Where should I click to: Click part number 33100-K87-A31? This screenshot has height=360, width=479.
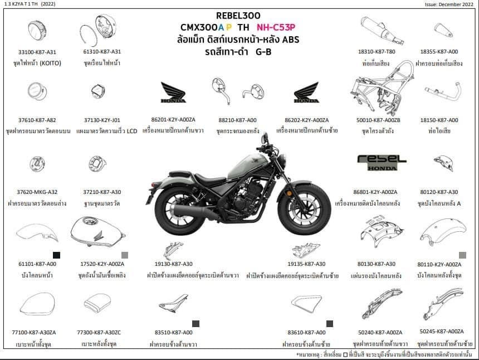(x=37, y=52)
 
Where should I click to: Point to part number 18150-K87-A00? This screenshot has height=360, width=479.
(x=439, y=120)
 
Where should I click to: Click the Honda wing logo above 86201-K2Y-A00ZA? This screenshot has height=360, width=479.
(x=173, y=93)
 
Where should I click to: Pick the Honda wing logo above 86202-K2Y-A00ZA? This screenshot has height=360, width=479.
(x=306, y=93)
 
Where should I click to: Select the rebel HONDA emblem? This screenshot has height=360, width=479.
(x=378, y=162)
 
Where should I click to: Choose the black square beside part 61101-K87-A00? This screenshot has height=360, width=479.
(x=56, y=255)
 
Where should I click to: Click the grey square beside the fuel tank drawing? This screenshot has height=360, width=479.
(x=125, y=255)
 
